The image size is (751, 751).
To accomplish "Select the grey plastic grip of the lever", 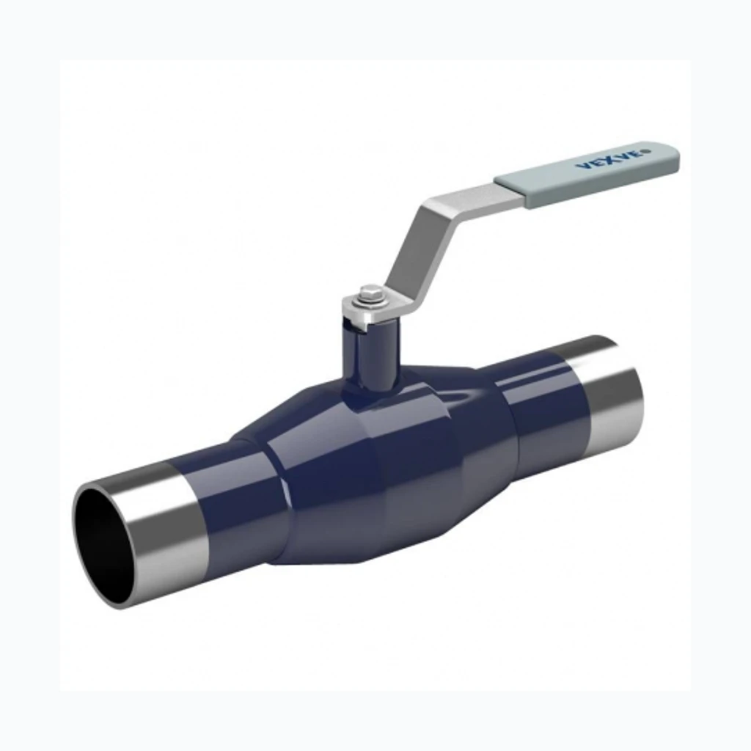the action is pos(587,175).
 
